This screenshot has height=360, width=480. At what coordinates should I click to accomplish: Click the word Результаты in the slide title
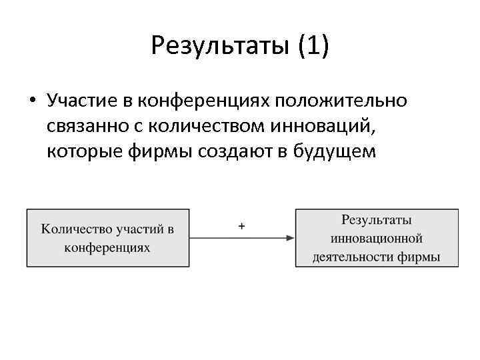click(218, 46)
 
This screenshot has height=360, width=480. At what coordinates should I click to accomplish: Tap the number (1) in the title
click(313, 46)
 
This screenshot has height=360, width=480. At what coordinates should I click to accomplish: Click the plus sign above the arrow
click(241, 227)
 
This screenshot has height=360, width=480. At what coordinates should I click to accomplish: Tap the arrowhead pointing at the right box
click(291, 238)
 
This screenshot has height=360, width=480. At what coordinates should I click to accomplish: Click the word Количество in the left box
click(75, 229)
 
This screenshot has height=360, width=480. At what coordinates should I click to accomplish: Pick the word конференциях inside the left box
click(107, 247)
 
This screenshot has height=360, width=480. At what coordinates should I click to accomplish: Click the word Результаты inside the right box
click(377, 220)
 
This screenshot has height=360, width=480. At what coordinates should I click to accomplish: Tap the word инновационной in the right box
click(377, 238)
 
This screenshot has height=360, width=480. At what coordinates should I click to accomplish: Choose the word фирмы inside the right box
click(417, 257)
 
